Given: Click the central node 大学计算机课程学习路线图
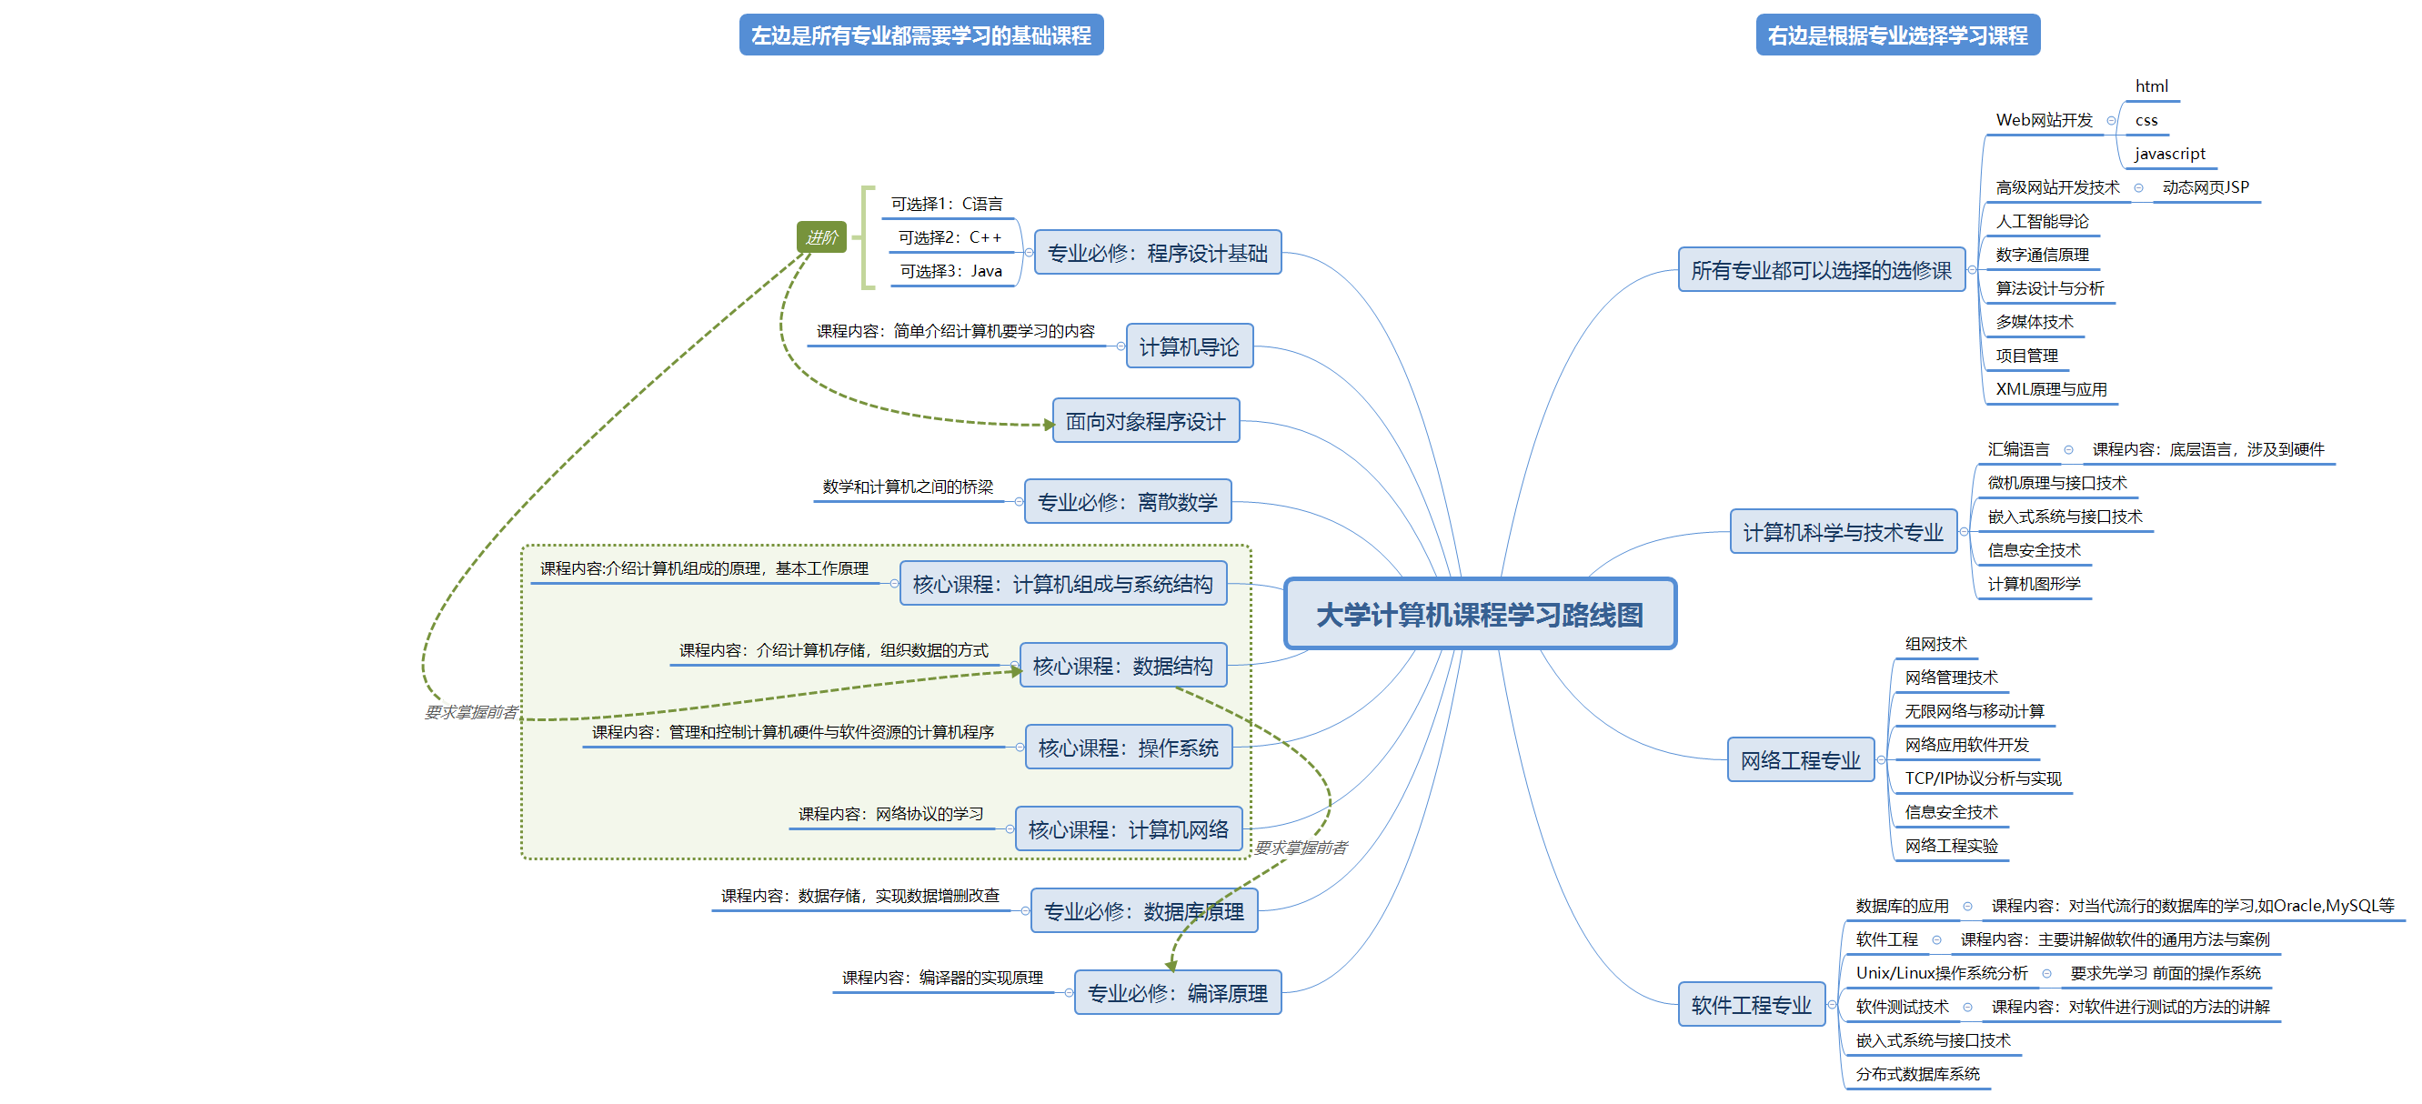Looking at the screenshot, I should (x=1479, y=614).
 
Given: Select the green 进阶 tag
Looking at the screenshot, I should (x=820, y=237).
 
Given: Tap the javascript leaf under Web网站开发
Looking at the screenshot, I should (x=2169, y=154).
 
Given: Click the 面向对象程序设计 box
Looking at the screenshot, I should (x=1144, y=421).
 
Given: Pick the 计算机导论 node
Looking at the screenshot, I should (x=1189, y=347).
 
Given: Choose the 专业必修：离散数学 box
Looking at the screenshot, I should (x=1126, y=502).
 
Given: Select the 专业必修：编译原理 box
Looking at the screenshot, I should (x=1177, y=993).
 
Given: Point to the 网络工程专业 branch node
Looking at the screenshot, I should (x=1800, y=760).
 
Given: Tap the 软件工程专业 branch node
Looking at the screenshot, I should (x=1751, y=1005).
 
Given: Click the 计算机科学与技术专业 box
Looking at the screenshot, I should (x=1842, y=532).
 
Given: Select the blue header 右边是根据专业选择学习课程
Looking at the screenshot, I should (x=1897, y=35).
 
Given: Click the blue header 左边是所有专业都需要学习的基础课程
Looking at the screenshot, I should (x=920, y=35).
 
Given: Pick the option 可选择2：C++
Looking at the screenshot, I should (x=950, y=238).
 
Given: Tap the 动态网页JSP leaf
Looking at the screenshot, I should (x=2205, y=187).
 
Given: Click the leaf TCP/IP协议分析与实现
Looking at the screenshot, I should (x=1982, y=778).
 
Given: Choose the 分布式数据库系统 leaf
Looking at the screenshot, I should (x=1917, y=1074).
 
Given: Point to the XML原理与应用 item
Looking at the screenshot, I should (x=2051, y=389).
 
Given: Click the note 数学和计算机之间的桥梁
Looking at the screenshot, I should (x=908, y=487).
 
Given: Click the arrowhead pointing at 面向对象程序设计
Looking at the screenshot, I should (x=1049, y=425).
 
